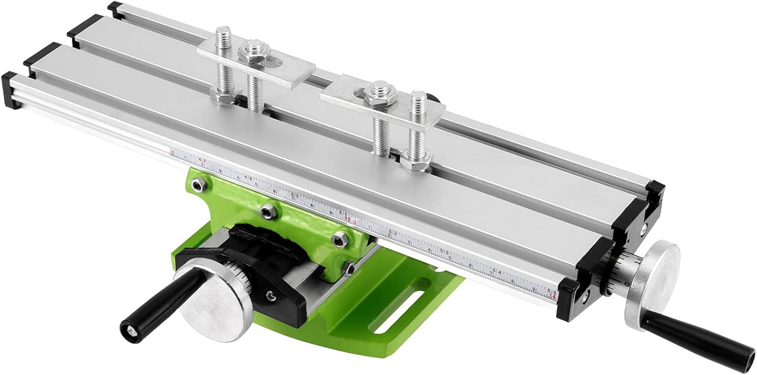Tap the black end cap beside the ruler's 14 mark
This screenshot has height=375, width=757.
pos(568,300)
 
